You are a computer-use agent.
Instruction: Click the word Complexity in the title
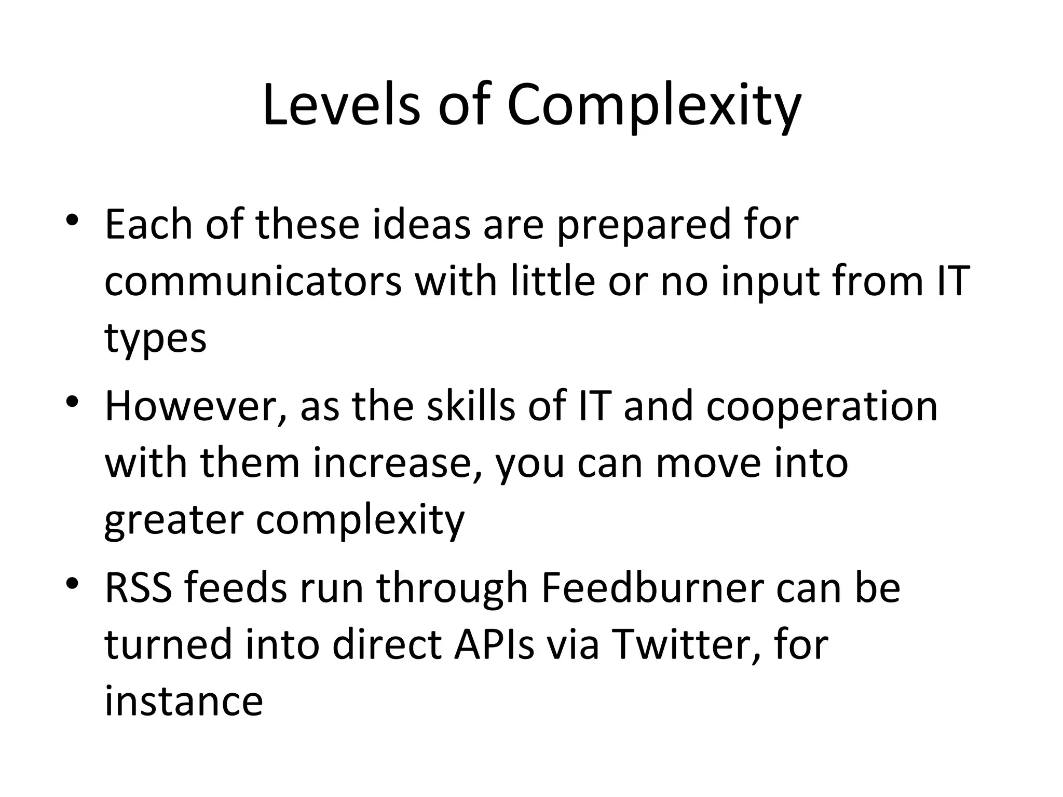click(x=653, y=106)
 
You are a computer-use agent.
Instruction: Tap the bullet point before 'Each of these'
click(x=72, y=220)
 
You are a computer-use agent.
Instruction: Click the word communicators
click(x=253, y=281)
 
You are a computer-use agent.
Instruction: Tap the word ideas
click(x=421, y=224)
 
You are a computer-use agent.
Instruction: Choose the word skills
click(x=471, y=406)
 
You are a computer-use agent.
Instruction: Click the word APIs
click(x=494, y=644)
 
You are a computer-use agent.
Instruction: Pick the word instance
click(x=184, y=702)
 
